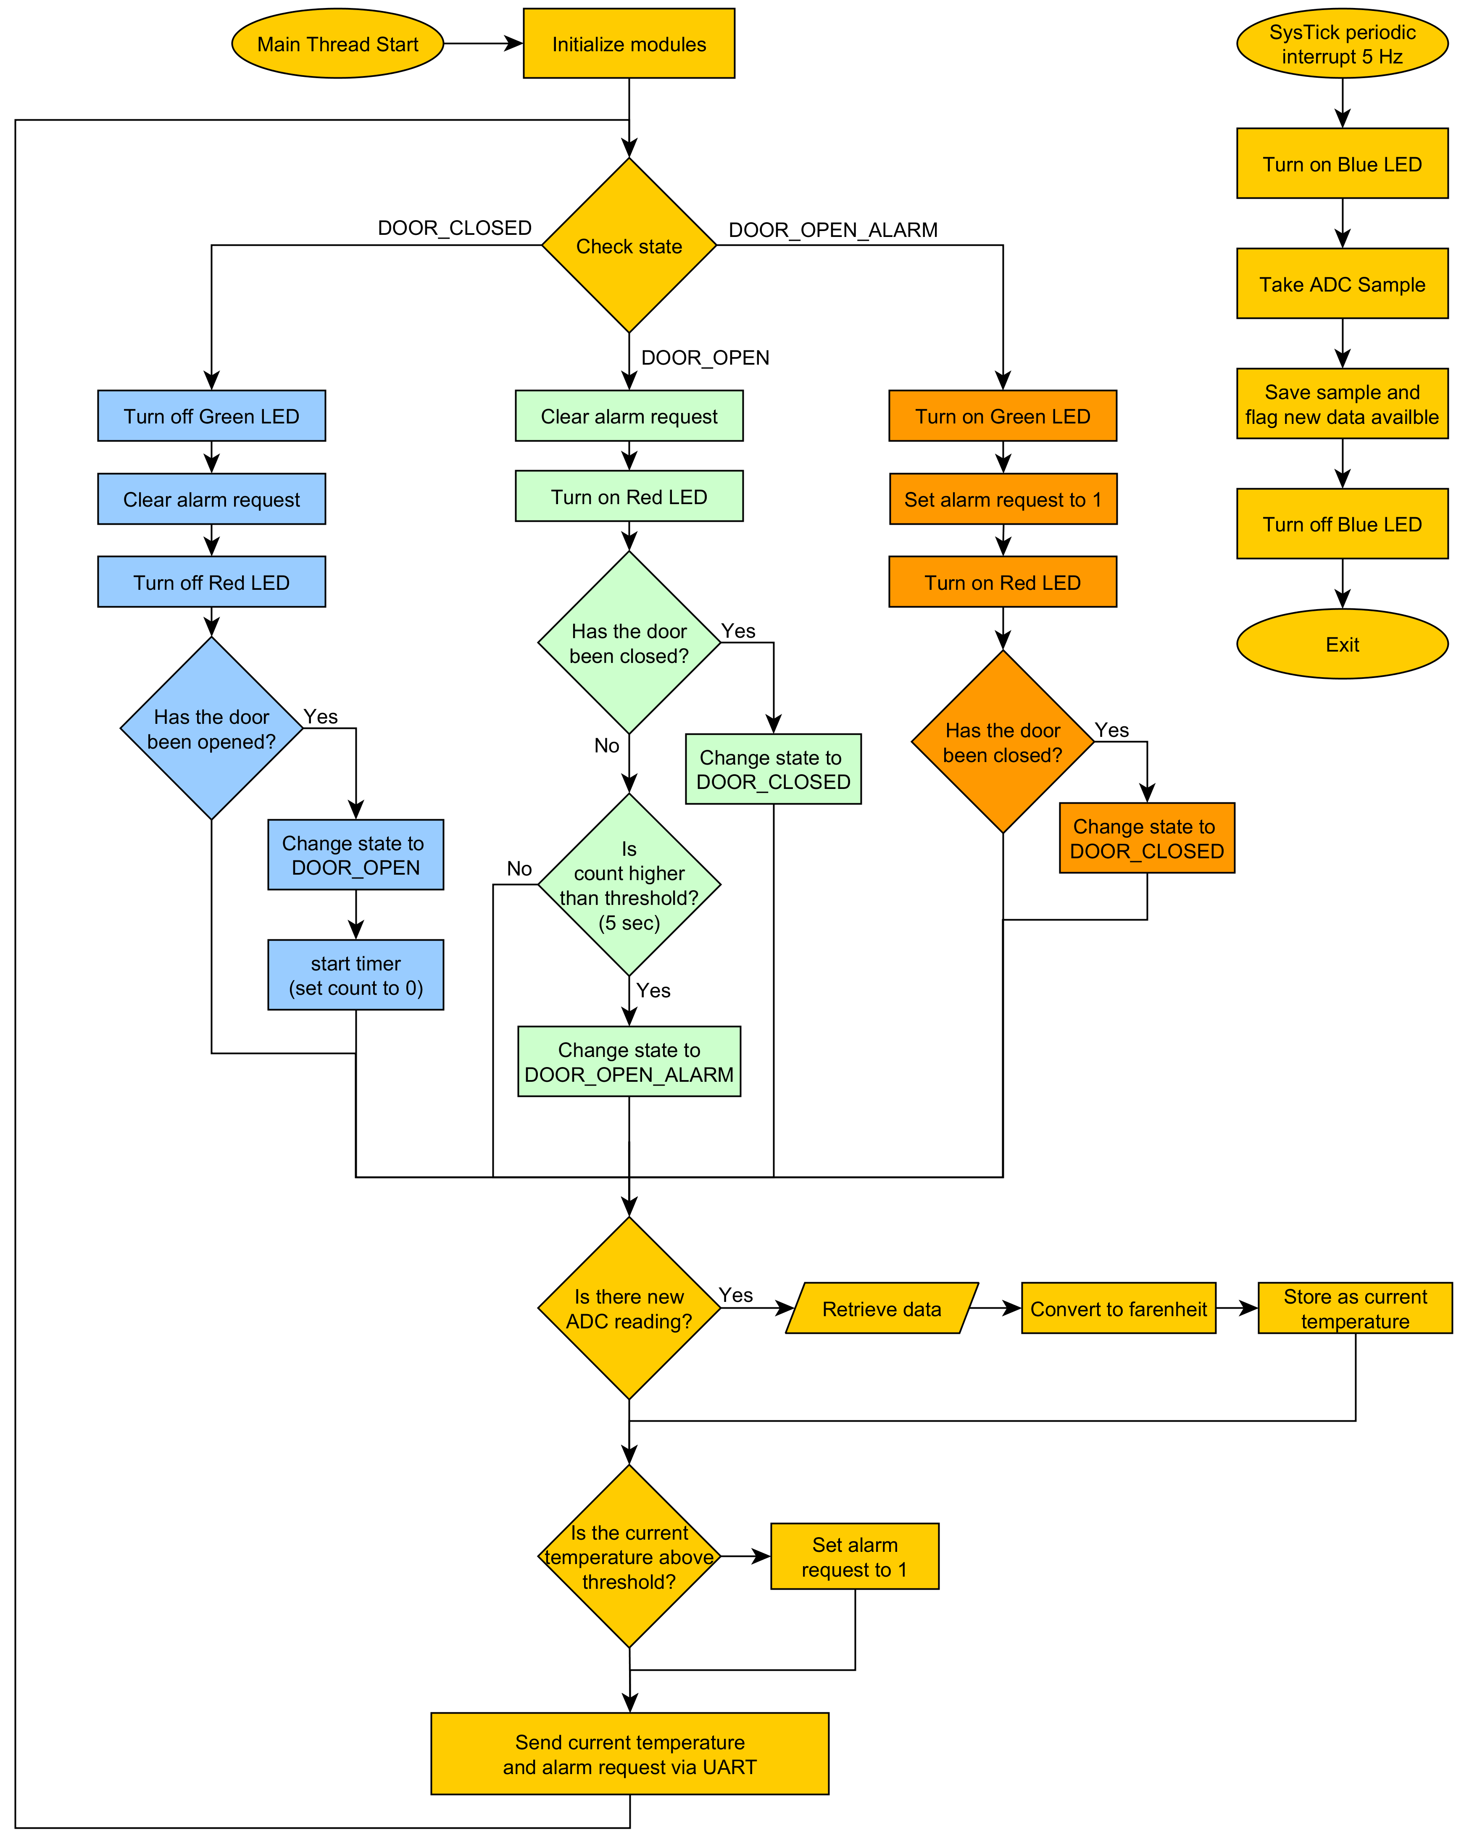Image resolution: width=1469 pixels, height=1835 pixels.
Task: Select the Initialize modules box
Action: (629, 43)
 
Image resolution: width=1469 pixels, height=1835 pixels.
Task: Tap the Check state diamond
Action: (629, 245)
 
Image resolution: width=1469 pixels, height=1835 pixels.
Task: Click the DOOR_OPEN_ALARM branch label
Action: (833, 230)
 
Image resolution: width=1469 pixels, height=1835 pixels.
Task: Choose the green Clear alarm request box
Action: (629, 415)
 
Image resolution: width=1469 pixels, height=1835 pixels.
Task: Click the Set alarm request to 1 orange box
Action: (1003, 499)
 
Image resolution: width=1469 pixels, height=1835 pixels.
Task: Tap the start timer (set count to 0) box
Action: (356, 975)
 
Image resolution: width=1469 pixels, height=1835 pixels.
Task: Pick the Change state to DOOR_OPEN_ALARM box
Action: (629, 1061)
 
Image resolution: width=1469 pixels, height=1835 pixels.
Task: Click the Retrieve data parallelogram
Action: (882, 1308)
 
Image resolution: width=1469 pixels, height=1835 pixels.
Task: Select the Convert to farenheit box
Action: (1118, 1308)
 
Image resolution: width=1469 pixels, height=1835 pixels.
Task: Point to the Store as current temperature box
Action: (1355, 1308)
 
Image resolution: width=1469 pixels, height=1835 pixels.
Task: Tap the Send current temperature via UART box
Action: (630, 1754)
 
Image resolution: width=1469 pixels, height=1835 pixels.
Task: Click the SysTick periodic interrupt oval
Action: (1342, 43)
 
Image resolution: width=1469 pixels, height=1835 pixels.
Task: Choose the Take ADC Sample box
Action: (1342, 284)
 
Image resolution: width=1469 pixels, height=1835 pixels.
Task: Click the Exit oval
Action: (1342, 644)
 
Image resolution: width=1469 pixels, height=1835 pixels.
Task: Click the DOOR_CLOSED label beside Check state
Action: (455, 228)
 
